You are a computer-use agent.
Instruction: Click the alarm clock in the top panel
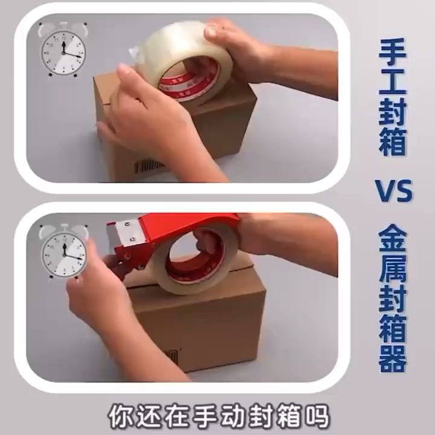coord(63,51)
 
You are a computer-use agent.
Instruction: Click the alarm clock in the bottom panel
coord(63,251)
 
